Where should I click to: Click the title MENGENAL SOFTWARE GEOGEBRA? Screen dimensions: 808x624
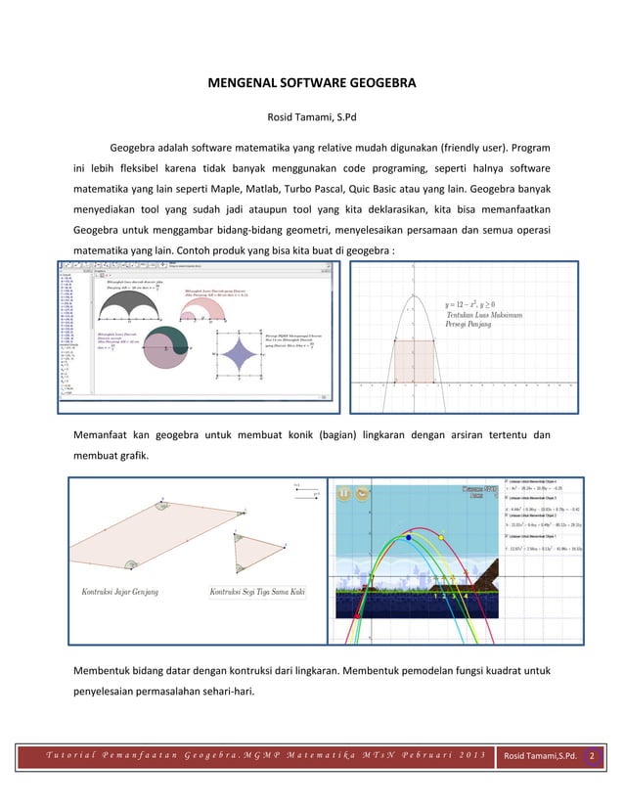point(311,84)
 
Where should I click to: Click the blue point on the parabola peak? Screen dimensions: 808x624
point(408,537)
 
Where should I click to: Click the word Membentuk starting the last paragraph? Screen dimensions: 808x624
point(104,670)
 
